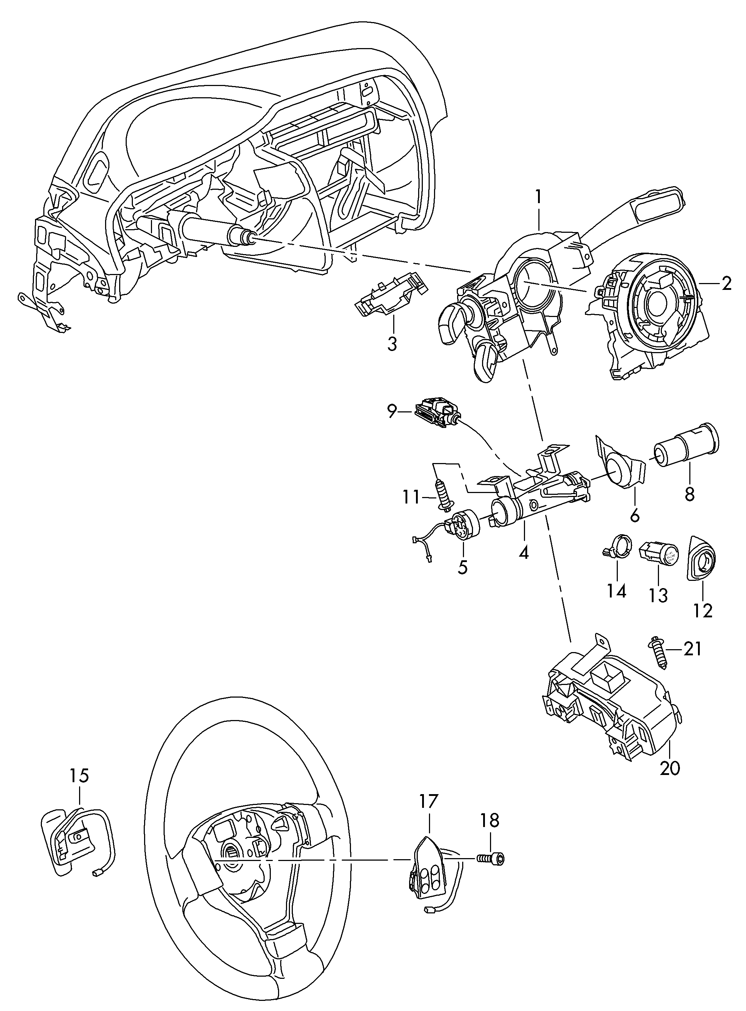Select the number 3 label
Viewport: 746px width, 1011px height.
tap(392, 344)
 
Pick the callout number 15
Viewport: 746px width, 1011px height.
tap(79, 776)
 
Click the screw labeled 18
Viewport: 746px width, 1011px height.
tap(491, 857)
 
